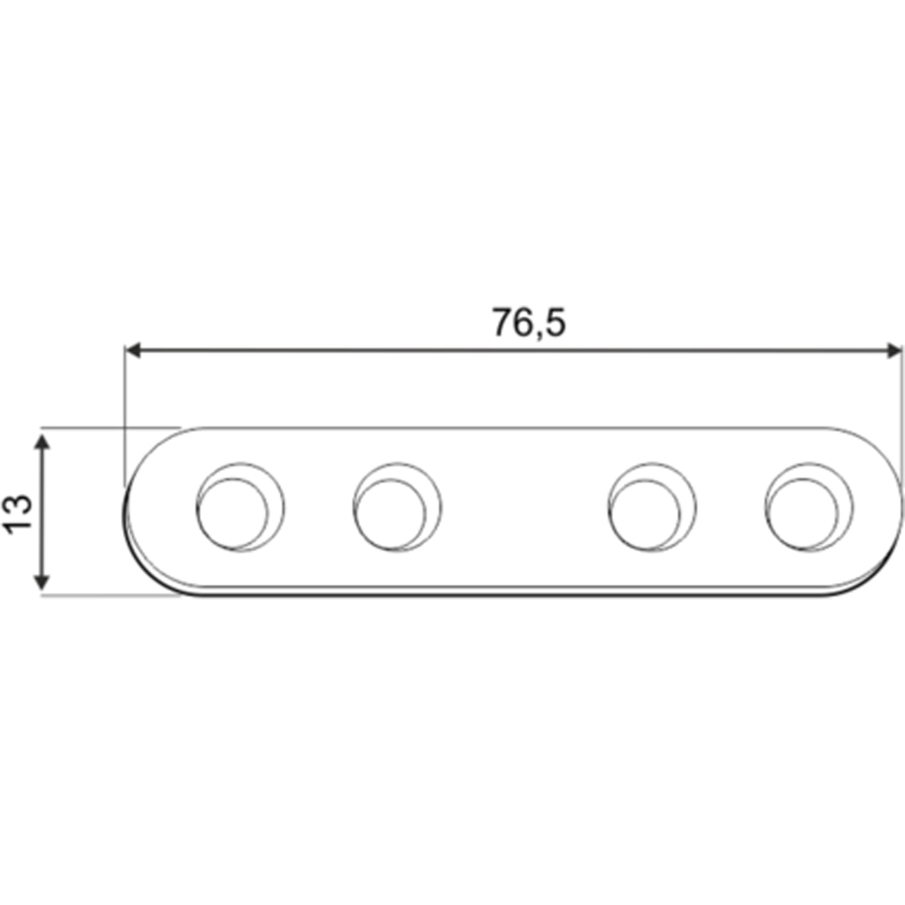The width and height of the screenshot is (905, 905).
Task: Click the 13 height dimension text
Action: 21,514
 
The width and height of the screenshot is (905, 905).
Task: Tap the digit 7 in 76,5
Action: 502,322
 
